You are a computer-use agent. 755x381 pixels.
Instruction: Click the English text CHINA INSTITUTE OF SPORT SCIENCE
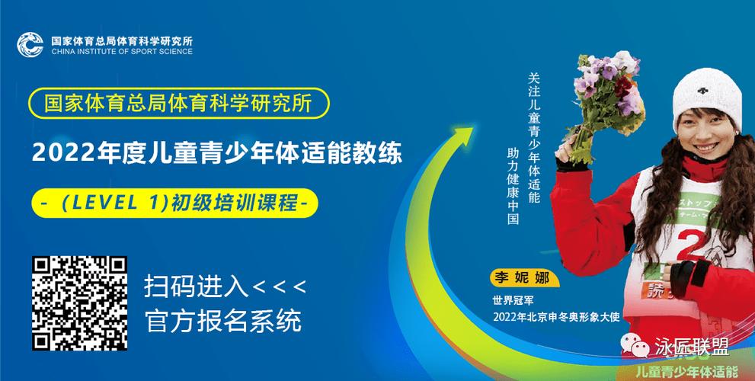(x=121, y=52)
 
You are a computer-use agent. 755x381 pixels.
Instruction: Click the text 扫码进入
(x=196, y=288)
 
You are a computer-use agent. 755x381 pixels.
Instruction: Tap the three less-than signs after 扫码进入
(x=279, y=288)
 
